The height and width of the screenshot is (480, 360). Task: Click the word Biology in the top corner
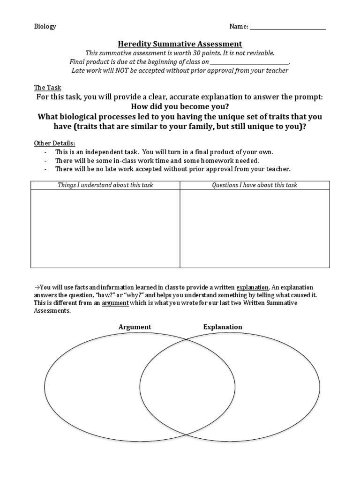(45, 26)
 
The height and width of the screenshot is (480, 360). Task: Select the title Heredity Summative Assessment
(180, 44)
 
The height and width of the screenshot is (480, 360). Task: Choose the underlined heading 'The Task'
(47, 88)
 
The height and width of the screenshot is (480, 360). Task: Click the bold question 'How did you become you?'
(180, 106)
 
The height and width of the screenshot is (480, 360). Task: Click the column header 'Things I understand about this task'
(105, 185)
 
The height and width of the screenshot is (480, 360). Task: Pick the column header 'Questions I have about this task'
(255, 185)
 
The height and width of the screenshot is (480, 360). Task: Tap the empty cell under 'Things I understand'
(105, 228)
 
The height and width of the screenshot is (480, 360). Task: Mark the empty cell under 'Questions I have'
(255, 228)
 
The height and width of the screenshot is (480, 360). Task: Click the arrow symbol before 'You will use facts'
(37, 287)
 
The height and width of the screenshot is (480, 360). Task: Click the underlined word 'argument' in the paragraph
(115, 303)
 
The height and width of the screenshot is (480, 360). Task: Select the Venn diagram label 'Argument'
(135, 327)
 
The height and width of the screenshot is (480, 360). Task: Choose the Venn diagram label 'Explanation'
(223, 327)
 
